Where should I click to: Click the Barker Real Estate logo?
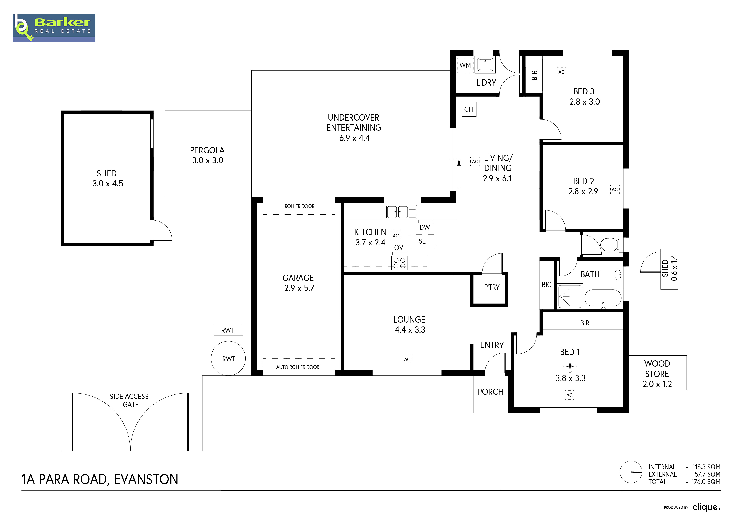point(54,28)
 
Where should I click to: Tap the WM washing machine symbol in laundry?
point(465,65)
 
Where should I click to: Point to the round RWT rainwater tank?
point(228,358)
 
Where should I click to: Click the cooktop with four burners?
point(399,263)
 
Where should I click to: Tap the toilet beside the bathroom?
point(610,244)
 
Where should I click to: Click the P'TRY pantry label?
point(492,287)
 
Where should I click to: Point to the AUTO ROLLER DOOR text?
point(298,367)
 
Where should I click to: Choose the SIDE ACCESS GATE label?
point(129,400)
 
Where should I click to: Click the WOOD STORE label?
point(657,369)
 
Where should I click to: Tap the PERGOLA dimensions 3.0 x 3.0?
point(208,160)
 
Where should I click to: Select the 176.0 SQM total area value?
point(706,482)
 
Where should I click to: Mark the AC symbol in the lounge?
point(407,359)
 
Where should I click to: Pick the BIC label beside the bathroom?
point(546,285)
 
